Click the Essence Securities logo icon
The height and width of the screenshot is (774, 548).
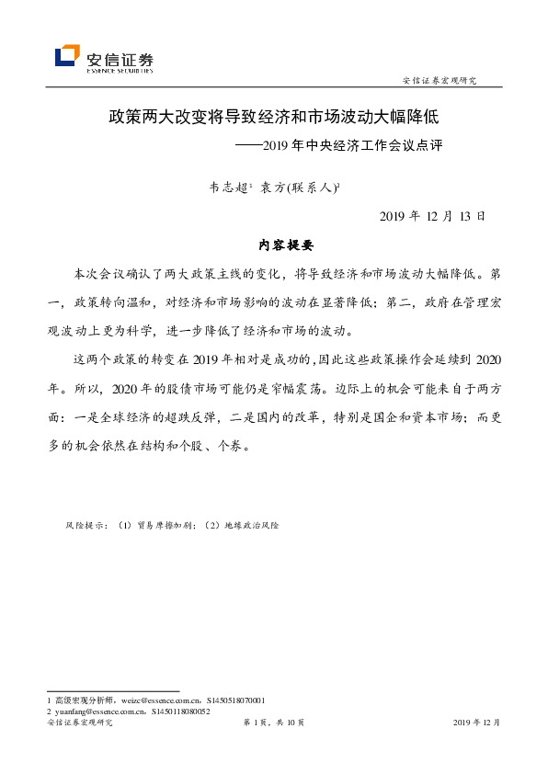[x=66, y=57]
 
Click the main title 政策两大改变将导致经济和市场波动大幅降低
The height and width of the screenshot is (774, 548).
[x=273, y=119]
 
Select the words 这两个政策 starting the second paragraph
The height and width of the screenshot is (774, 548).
[x=106, y=358]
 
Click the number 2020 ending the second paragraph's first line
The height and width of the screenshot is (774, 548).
[x=485, y=358]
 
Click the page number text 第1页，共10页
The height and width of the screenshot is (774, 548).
[x=273, y=723]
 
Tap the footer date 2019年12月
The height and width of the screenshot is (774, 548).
[x=477, y=723]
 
